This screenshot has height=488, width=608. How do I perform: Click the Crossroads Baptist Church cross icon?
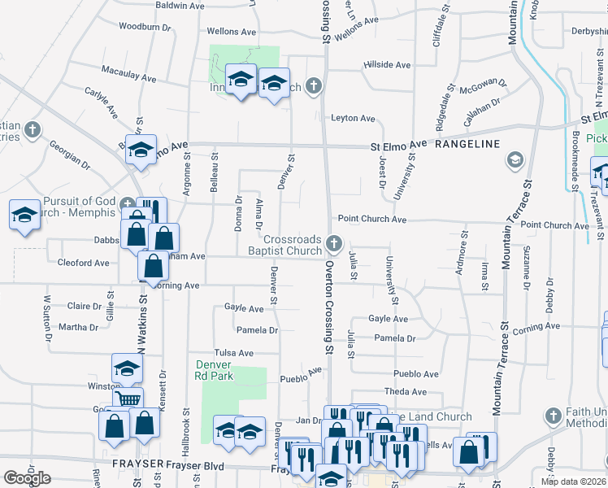tap(333, 243)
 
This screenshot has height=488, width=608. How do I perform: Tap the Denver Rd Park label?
tap(215, 370)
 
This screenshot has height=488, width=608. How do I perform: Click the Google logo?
tap(27, 478)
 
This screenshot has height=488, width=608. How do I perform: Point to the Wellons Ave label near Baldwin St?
tap(232, 32)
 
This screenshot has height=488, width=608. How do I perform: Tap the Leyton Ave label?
tap(353, 119)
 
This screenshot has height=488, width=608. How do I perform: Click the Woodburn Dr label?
tap(145, 26)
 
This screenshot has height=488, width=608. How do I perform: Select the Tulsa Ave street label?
tap(234, 354)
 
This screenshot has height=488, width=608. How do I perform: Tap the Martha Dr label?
tap(78, 328)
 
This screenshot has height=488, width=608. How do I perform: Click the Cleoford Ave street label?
tap(83, 264)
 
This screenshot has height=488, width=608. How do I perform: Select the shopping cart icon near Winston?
tap(128, 399)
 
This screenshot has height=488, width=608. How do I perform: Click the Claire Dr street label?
tap(84, 307)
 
